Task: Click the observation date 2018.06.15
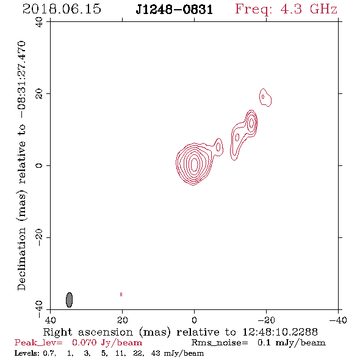62,9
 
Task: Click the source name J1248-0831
175,10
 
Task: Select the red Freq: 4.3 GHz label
286,10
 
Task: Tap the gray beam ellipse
69,300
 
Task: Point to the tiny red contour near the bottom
121,294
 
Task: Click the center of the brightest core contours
194,165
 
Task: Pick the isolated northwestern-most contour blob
265,98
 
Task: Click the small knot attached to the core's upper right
218,147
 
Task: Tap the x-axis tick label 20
122,320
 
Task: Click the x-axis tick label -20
266,320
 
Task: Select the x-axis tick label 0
194,320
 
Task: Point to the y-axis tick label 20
39,94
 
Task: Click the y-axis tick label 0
39,165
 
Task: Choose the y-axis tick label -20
39,237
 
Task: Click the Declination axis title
21,166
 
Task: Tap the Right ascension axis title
181,332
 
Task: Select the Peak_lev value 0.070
84,342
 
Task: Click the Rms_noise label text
220,343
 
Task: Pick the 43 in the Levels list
156,353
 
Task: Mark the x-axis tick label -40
338,320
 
